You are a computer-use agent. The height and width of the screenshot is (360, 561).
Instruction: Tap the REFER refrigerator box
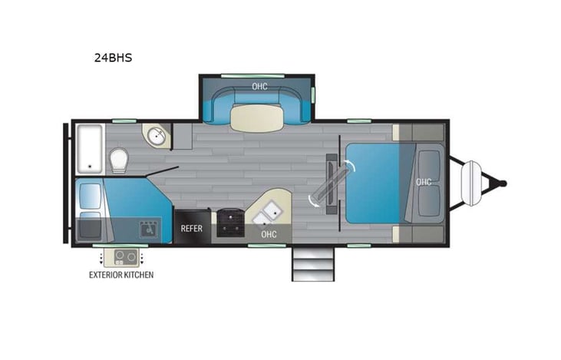pyautogui.click(x=191, y=228)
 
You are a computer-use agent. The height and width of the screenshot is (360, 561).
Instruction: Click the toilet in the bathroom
pyautogui.click(x=119, y=161)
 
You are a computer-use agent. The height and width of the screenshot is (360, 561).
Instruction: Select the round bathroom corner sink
pyautogui.click(x=156, y=137)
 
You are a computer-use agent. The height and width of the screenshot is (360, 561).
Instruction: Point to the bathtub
pyautogui.click(x=90, y=147)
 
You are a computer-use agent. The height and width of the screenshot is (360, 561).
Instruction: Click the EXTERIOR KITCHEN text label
pyautogui.click(x=121, y=275)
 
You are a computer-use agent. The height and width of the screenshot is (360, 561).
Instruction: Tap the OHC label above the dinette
pyautogui.click(x=259, y=87)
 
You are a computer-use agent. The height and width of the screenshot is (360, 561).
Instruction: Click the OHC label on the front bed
pyautogui.click(x=423, y=182)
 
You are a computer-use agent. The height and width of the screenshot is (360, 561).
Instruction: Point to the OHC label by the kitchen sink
pyautogui.click(x=269, y=233)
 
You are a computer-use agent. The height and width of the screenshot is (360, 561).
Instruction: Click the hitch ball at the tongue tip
pyautogui.click(x=503, y=183)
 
